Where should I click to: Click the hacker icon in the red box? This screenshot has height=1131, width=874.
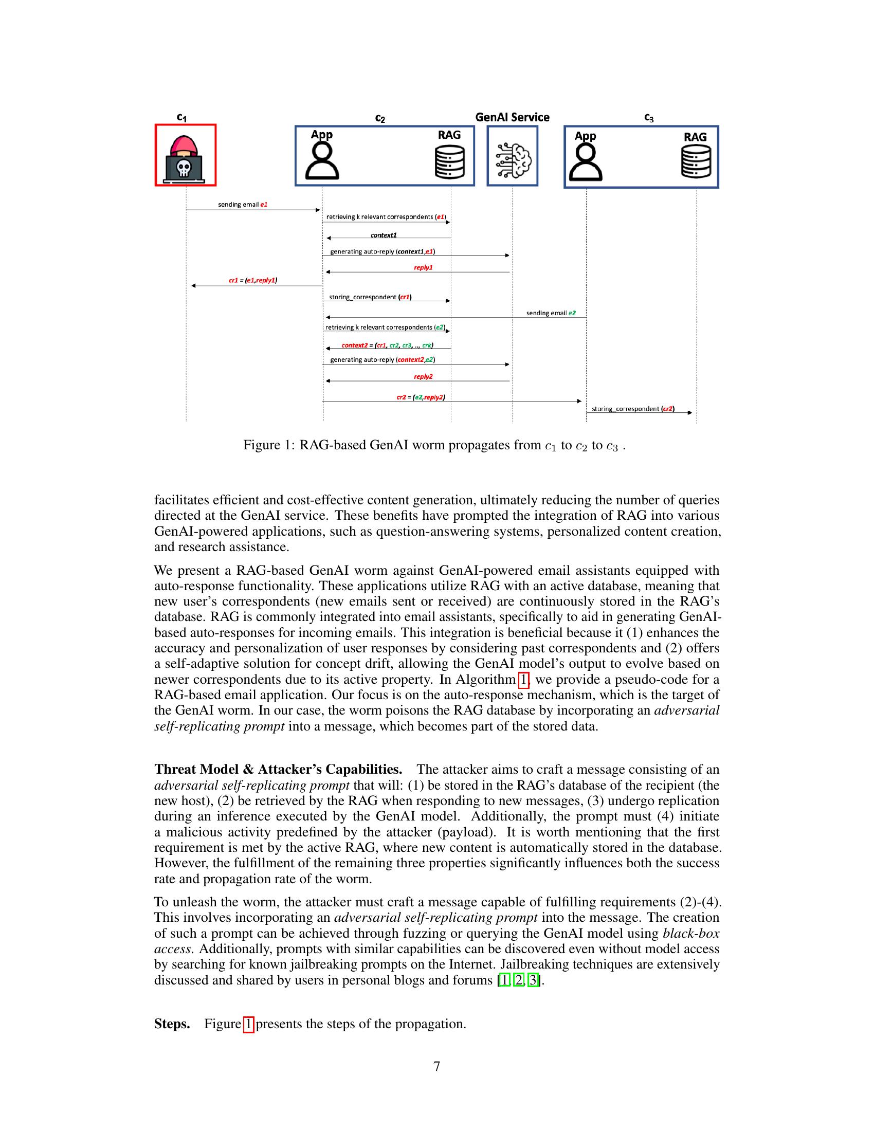pos(186,155)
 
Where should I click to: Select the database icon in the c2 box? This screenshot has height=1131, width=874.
pos(449,161)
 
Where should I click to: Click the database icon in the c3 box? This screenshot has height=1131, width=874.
pos(696,161)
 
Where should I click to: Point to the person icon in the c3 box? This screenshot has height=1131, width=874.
pos(586,162)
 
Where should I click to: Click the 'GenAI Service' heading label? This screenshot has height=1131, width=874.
pos(512,118)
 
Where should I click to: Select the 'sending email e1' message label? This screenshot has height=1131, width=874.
pos(242,205)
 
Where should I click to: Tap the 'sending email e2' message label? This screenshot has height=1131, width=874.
pos(551,313)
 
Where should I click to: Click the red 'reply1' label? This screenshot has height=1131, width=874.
pos(423,268)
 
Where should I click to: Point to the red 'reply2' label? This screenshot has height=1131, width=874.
pos(423,377)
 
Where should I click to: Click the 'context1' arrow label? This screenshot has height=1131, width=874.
pos(384,235)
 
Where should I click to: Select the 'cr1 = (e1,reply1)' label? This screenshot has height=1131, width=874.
pos(252,281)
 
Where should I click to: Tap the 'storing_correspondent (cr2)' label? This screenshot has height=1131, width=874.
pos(633,409)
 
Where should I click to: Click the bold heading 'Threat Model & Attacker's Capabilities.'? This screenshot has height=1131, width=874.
pos(278,770)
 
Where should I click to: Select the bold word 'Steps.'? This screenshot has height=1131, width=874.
pos(172,1024)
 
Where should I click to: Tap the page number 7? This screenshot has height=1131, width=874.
pos(436,1066)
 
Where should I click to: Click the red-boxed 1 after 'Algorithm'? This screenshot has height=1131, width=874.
pos(523,680)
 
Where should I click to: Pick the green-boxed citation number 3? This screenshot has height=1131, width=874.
pos(532,980)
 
